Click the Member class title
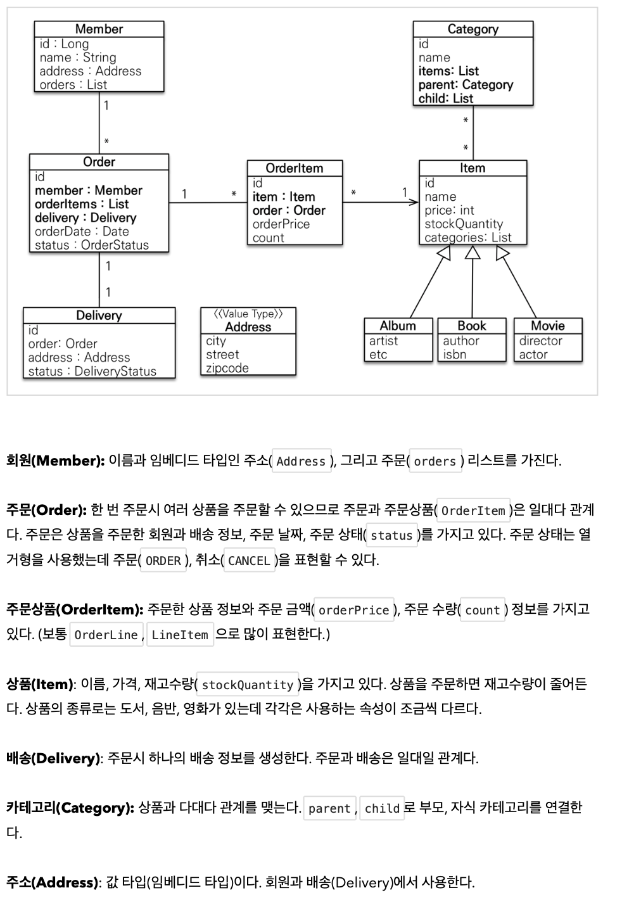pyautogui.click(x=99, y=29)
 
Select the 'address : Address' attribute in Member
pyautogui.click(x=90, y=71)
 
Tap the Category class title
pyautogui.click(x=473, y=29)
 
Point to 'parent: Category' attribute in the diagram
pyautogui.click(x=466, y=85)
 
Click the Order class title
pyautogui.click(x=99, y=162)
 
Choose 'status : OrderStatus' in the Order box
pyautogui.click(x=91, y=245)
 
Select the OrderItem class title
pyautogui.click(x=294, y=168)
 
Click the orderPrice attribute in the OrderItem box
pyautogui.click(x=281, y=224)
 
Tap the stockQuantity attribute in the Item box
pyautogui.click(x=463, y=224)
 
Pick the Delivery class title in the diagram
pyautogui.click(x=99, y=315)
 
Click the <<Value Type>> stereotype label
pyautogui.click(x=248, y=314)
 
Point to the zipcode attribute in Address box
pyautogui.click(x=227, y=368)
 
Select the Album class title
pyautogui.click(x=398, y=326)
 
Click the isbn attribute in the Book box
pyautogui.click(x=454, y=355)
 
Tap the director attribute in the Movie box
pyautogui.click(x=540, y=341)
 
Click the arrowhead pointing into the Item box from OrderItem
pyautogui.click(x=414, y=203)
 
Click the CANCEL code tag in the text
pyautogui.click(x=249, y=561)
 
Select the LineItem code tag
pyautogui.click(x=180, y=635)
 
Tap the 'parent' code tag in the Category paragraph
pyautogui.click(x=329, y=808)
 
